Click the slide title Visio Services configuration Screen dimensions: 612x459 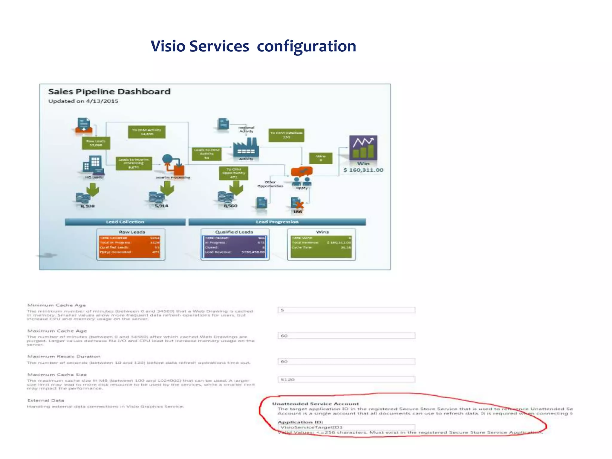click(253, 46)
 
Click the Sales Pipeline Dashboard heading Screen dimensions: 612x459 click(109, 91)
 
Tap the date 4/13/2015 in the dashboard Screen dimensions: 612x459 click(102, 101)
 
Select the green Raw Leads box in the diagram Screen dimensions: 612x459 click(96, 143)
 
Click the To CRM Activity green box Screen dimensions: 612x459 click(146, 132)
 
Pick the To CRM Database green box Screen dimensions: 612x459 click(286, 135)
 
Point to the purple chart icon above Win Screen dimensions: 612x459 click(363, 148)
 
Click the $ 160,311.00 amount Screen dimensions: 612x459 click(363, 170)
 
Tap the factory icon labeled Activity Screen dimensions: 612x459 click(246, 148)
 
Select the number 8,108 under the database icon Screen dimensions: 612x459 click(88, 206)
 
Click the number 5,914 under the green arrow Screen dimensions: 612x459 click(161, 206)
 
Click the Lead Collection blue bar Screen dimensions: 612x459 click(125, 222)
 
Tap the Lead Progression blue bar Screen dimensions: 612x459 click(277, 222)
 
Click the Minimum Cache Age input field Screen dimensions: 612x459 click(346, 310)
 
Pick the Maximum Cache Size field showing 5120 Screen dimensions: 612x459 click(346, 380)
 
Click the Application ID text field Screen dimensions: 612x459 click(346, 427)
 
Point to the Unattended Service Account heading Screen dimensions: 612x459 click(315, 404)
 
